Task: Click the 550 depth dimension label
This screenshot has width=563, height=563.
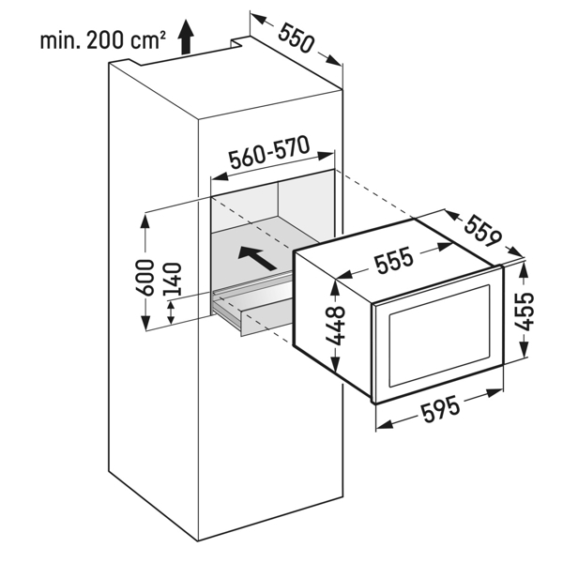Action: pyautogui.click(x=297, y=38)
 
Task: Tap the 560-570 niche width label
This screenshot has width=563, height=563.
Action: pyautogui.click(x=269, y=152)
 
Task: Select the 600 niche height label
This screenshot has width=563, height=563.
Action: pyautogui.click(x=145, y=277)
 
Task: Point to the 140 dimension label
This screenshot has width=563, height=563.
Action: pyautogui.click(x=173, y=280)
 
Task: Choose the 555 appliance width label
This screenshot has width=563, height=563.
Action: pyautogui.click(x=393, y=260)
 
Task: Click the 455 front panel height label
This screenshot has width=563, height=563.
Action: pyautogui.click(x=525, y=311)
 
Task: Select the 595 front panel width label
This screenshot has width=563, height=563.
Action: pyautogui.click(x=440, y=408)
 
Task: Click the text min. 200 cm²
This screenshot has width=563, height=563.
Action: pyautogui.click(x=103, y=40)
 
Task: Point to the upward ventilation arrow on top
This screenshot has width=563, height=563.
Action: pyautogui.click(x=186, y=37)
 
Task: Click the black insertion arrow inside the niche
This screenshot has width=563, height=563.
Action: pyautogui.click(x=257, y=258)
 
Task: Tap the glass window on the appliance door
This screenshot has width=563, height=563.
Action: pyautogui.click(x=439, y=335)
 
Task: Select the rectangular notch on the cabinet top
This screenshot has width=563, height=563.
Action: pyautogui.click(x=238, y=42)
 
